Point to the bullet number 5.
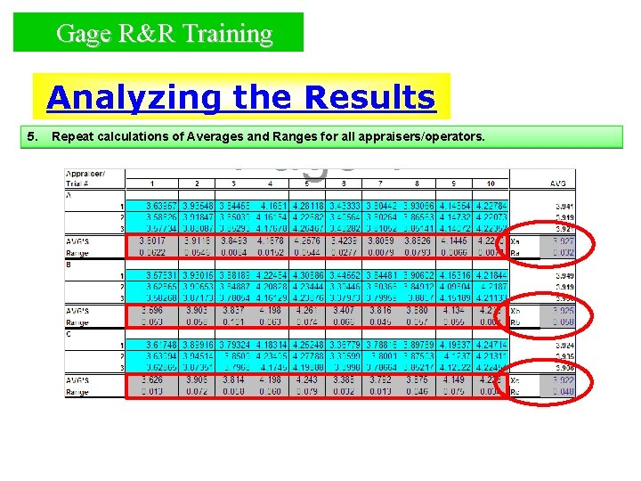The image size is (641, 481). tap(32, 137)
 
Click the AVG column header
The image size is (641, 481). tap(557, 183)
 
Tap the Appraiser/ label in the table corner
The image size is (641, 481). tap(86, 175)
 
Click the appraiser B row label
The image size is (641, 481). tap(69, 265)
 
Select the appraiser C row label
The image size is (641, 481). tap(69, 333)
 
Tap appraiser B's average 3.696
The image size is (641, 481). tap(151, 310)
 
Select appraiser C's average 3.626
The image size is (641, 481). tap(151, 379)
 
